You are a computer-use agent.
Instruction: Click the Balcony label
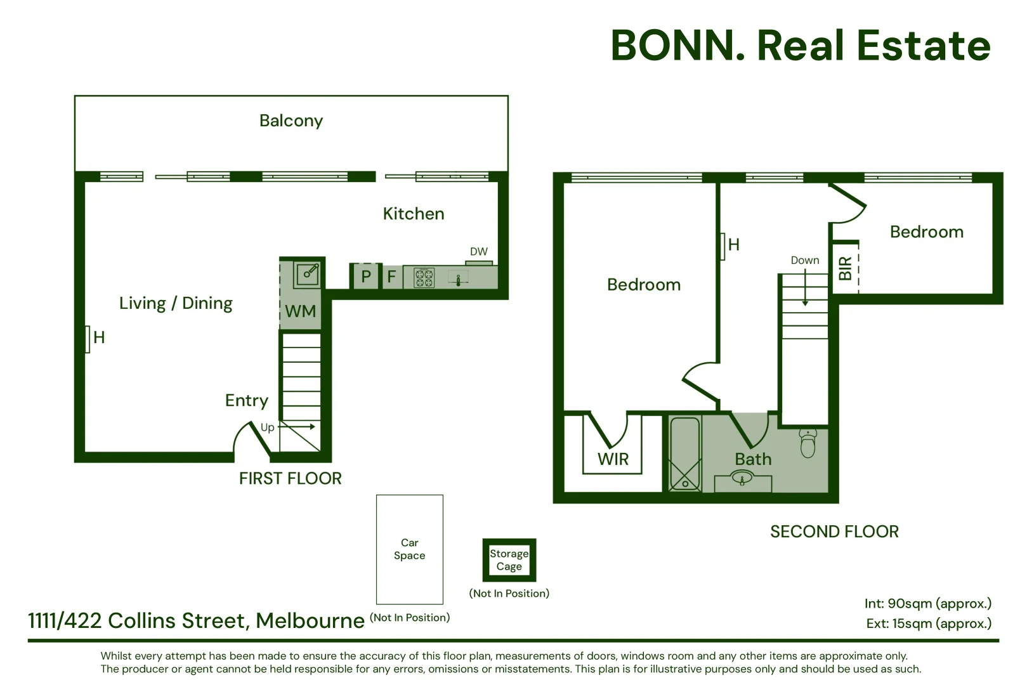point(291,121)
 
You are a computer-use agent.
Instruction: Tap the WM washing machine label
point(301,311)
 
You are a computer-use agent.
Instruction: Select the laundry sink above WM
point(308,274)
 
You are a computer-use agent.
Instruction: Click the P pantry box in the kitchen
point(365,277)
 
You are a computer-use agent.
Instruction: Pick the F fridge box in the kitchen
point(391,277)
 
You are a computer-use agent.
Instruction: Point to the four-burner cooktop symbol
point(424,278)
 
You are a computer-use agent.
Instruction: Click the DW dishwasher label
point(478,252)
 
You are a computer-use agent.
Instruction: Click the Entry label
point(247,400)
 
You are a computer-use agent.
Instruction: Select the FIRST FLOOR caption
point(290,478)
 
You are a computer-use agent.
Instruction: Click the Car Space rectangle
point(409,549)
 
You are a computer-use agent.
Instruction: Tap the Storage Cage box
point(509,560)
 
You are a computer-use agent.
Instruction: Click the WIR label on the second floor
point(613,459)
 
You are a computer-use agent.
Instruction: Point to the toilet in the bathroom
point(808,443)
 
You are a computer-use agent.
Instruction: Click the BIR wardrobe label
point(845,268)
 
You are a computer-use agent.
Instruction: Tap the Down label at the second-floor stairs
point(804,260)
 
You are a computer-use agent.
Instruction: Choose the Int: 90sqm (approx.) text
point(927,603)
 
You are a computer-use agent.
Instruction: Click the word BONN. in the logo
point(678,46)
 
